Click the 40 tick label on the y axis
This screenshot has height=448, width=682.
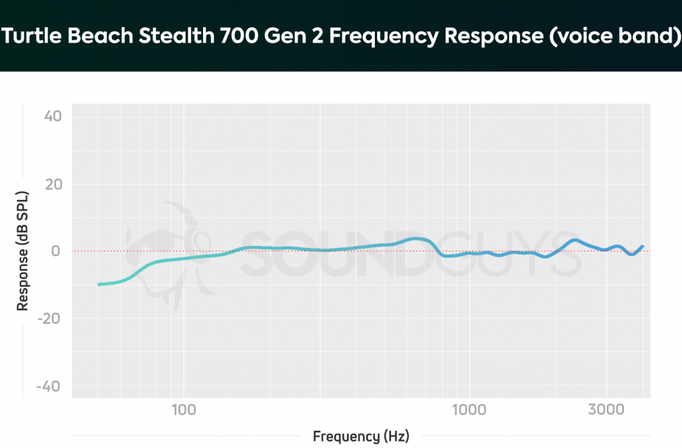[x=52, y=117]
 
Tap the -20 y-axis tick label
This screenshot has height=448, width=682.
[x=49, y=319]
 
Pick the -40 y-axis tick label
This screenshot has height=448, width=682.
[x=49, y=386]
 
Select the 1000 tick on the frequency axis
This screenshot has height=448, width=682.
[x=469, y=409]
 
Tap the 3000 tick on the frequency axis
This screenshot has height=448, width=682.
[x=606, y=409]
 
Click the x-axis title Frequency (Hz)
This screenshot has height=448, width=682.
[x=361, y=437]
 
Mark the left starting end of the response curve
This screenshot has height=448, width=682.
[x=99, y=285]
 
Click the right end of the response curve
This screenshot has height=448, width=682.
[x=643, y=246]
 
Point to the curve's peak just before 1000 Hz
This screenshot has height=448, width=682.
[x=416, y=238]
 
